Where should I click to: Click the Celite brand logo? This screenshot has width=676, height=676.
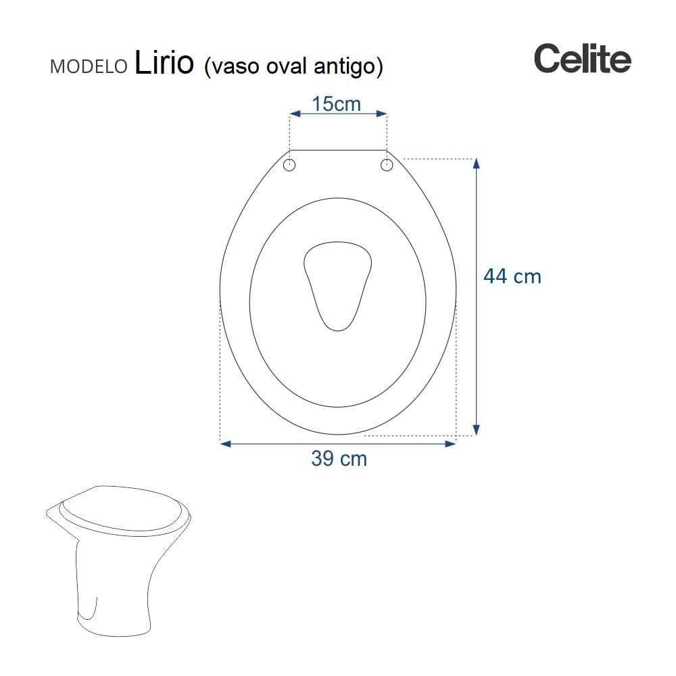(583, 58)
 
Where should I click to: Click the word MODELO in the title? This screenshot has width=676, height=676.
(89, 66)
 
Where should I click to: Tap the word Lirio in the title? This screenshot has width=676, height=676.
(164, 62)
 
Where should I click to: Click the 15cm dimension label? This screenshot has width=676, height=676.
(336, 104)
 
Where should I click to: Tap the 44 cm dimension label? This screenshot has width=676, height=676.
(512, 276)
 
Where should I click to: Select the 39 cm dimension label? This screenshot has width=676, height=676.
(339, 458)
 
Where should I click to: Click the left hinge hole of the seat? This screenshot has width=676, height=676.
(289, 165)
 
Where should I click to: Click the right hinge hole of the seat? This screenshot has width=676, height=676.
(387, 165)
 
